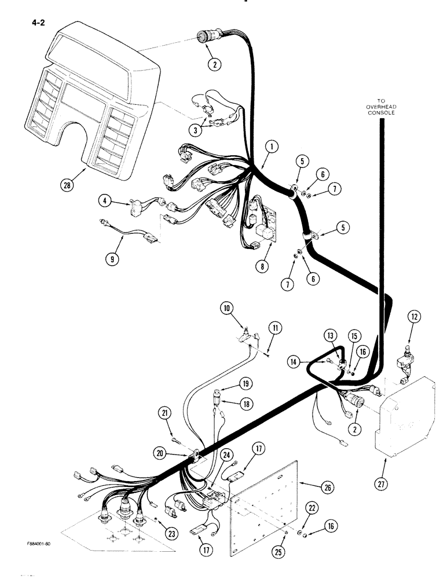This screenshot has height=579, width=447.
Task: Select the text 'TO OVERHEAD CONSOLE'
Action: click(x=381, y=107)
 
